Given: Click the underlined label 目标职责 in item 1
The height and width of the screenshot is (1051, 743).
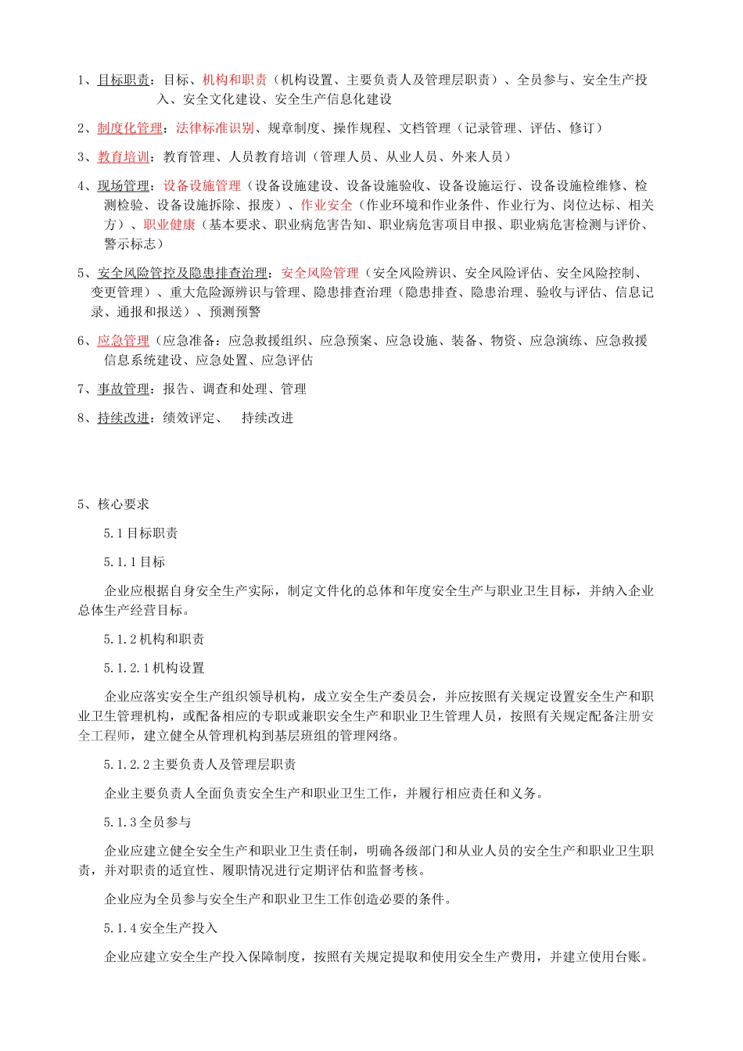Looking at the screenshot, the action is click(x=124, y=80).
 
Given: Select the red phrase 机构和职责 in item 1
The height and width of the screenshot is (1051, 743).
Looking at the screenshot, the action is click(x=235, y=80).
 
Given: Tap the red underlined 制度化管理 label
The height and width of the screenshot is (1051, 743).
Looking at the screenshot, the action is click(x=130, y=128).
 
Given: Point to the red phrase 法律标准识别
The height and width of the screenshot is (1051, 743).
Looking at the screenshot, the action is click(x=215, y=128).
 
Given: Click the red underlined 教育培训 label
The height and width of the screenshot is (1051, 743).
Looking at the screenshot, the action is click(x=124, y=157).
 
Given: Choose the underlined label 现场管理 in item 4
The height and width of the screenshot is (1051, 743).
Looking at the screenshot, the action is click(x=124, y=186).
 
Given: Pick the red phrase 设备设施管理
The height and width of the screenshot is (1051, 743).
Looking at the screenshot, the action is click(x=202, y=186).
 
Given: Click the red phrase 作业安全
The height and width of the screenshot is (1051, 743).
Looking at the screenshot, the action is click(x=326, y=206).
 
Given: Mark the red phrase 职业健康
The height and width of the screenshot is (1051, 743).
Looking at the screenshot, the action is click(x=169, y=225).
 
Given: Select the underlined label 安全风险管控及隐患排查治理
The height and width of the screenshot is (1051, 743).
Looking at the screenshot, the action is click(x=182, y=274).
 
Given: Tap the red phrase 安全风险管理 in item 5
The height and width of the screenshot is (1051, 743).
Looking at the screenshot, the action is click(x=320, y=274).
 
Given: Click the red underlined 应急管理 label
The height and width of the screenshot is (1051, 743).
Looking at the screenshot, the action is click(x=124, y=341).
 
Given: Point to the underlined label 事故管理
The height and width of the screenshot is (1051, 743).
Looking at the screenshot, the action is click(x=124, y=389).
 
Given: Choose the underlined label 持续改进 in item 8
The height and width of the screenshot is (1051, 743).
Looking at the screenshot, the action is click(x=124, y=418).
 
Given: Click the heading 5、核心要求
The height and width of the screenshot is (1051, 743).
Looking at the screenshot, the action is click(x=113, y=504).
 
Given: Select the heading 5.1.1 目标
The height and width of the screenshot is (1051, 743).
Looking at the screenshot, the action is click(x=135, y=562).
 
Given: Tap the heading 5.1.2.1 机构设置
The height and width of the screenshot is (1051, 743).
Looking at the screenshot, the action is click(x=154, y=669).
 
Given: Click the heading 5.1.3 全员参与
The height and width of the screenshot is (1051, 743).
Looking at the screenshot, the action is click(x=148, y=823).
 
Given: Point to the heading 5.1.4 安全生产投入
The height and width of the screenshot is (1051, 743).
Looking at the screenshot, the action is click(x=160, y=928).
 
